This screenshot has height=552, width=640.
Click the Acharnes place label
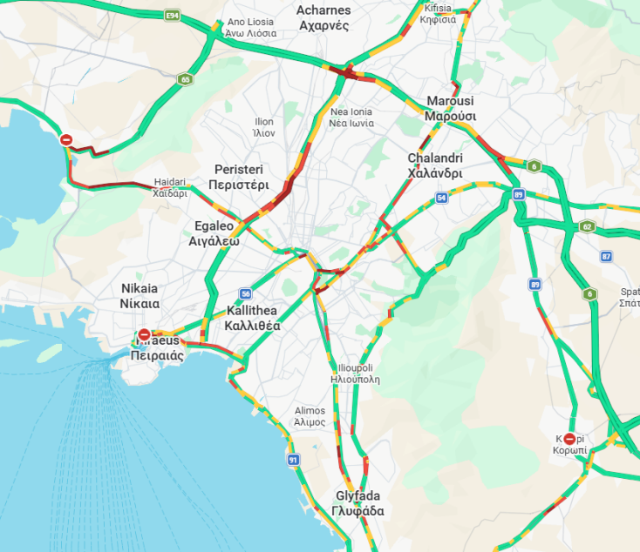[x=323, y=17]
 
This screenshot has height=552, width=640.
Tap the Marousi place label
[x=450, y=109]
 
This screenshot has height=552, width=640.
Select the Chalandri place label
[x=434, y=165]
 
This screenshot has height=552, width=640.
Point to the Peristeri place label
[x=238, y=177]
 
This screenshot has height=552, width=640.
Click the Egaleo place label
[x=214, y=233]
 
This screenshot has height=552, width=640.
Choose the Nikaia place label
[x=140, y=296]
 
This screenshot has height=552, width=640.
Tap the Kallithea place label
[x=252, y=319]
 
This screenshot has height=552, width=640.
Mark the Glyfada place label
[x=358, y=503]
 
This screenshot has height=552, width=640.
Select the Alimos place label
[x=310, y=416]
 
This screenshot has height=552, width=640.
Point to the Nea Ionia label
[x=351, y=118]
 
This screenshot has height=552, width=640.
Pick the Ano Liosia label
[x=251, y=28]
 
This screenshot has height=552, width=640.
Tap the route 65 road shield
[x=185, y=79]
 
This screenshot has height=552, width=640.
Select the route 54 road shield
[x=442, y=199]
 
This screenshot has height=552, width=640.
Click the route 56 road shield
[x=246, y=293]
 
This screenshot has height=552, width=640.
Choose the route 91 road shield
[x=293, y=459]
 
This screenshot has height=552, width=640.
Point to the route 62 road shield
[x=587, y=226]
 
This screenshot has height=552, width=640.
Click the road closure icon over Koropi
[x=569, y=440]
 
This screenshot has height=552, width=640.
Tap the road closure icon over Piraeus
[x=145, y=335]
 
